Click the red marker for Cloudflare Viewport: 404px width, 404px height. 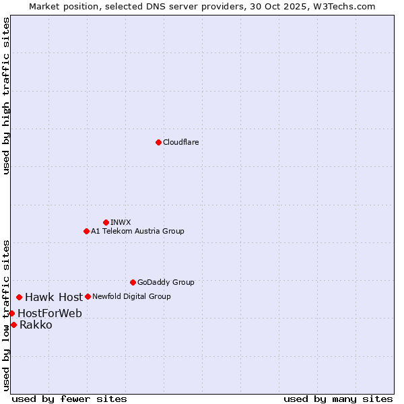pyautogui.click(x=158, y=142)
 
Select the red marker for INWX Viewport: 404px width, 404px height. pyautogui.click(x=106, y=222)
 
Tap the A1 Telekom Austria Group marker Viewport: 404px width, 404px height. pyautogui.click(x=86, y=231)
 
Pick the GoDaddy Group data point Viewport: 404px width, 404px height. pyautogui.click(x=133, y=282)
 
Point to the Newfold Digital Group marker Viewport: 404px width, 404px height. pyautogui.click(x=88, y=296)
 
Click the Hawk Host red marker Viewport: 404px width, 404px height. pyautogui.click(x=19, y=297)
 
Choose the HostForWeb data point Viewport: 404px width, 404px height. pyautogui.click(x=11, y=313)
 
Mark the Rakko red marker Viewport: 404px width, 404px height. pyautogui.click(x=13, y=325)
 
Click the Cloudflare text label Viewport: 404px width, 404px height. pyautogui.click(x=180, y=142)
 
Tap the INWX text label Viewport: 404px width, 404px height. pyautogui.click(x=121, y=222)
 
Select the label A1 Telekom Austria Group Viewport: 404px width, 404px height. pyautogui.click(x=137, y=231)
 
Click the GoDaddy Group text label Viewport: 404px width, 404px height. pyautogui.click(x=166, y=282)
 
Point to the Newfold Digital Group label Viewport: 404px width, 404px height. pyautogui.click(x=131, y=296)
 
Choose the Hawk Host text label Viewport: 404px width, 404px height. pyautogui.click(x=54, y=297)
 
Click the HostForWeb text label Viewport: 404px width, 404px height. pyautogui.click(x=50, y=313)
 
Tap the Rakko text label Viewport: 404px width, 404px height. pyautogui.click(x=36, y=325)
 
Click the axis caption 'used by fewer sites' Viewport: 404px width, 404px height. pyautogui.click(x=69, y=399)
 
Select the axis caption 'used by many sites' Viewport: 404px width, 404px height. pyautogui.click(x=338, y=399)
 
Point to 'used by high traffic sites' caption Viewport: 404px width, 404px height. pyautogui.click(x=6, y=96)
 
